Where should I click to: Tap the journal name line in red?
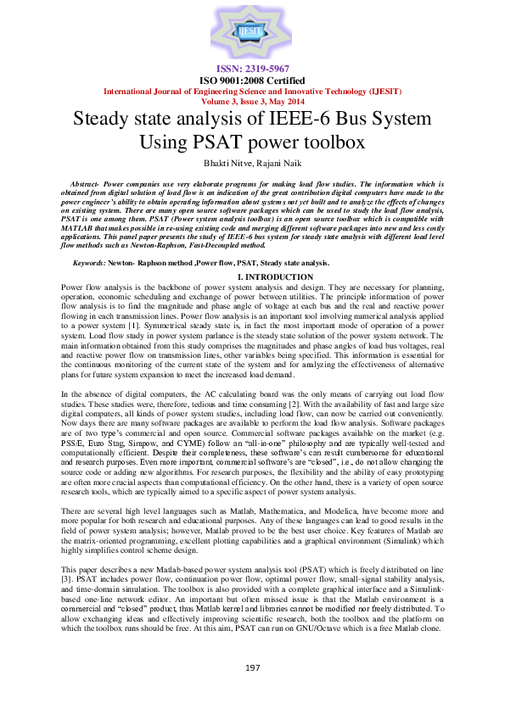252,91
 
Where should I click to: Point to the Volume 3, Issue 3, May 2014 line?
252,100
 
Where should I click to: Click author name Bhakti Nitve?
220,162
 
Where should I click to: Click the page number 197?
252,668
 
